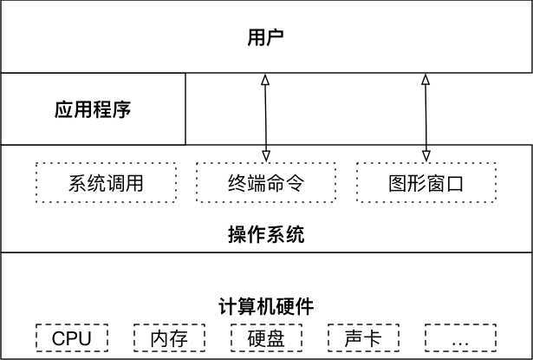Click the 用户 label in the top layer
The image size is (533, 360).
pos(266,37)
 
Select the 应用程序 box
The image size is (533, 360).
pos(93,110)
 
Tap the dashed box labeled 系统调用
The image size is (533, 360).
pos(105,183)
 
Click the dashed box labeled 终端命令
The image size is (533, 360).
pos(265,183)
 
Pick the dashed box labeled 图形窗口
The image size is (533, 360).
pos(426,183)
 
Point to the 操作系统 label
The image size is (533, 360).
pos(266,234)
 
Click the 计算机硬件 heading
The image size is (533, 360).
pos(266,306)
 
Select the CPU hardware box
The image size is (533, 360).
pos(71,337)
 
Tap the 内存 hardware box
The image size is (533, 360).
pos(168,337)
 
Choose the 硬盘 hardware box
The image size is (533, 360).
pos(266,337)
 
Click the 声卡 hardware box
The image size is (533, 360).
pos(362,337)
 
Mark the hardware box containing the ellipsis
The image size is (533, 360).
pos(459,337)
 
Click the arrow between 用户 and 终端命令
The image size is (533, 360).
pos(265,117)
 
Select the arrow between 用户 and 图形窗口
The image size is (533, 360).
pos(426,117)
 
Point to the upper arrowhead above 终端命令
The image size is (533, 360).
pos(265,80)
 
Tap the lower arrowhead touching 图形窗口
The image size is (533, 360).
pos(426,155)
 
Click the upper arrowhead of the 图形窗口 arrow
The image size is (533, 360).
pos(426,80)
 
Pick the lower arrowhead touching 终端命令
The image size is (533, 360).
pos(265,155)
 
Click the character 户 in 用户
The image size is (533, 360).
pos(276,37)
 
